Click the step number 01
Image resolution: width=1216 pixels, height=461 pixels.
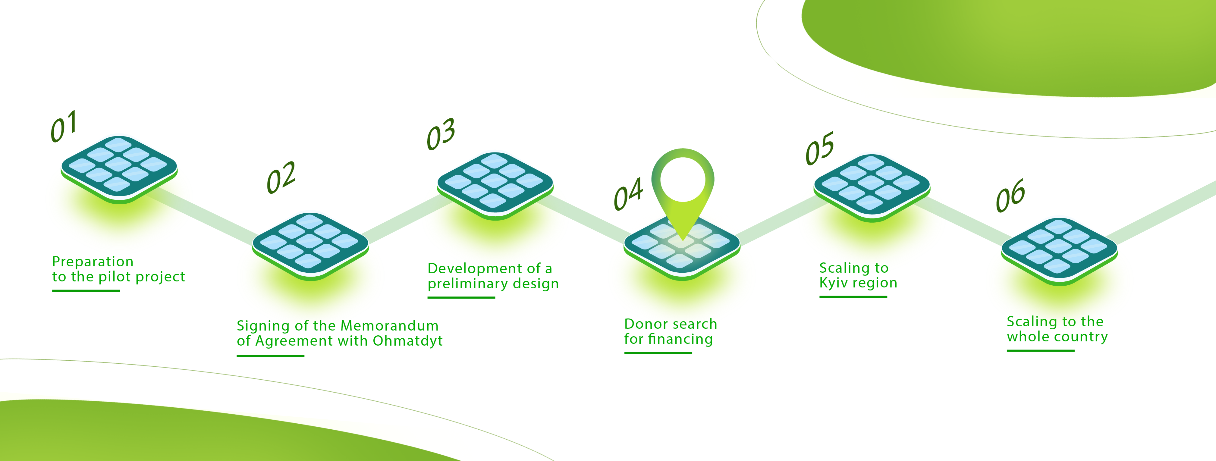64,127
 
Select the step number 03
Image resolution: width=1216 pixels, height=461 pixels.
441,134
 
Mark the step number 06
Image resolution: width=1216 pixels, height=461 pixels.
1010,195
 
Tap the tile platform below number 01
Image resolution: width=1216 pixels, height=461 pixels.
119,170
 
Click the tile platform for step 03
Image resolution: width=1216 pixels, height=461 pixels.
495,186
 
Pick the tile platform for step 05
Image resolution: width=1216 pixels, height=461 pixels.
872,188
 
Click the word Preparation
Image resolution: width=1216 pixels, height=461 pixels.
93,262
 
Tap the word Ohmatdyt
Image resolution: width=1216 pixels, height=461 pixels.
407,341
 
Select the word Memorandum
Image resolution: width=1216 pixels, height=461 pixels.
389,326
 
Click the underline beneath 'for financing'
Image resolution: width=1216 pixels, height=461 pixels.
658,353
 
